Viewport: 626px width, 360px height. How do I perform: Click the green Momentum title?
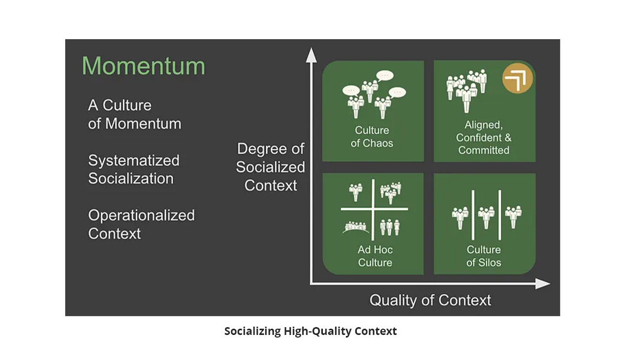(143, 66)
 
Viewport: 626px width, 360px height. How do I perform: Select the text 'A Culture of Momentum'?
(135, 114)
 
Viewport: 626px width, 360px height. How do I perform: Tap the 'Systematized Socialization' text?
(134, 170)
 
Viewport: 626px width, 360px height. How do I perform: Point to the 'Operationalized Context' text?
(141, 224)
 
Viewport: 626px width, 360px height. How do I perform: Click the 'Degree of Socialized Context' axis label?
(270, 167)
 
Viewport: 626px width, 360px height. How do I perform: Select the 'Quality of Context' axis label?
(430, 301)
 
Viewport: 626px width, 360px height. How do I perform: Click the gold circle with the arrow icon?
(517, 78)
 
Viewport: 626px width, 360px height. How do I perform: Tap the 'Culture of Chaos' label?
(372, 137)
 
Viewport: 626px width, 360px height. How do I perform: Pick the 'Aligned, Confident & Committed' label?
(484, 138)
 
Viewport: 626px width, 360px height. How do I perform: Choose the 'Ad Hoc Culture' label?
(375, 256)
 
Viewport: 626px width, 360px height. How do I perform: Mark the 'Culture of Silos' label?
(484, 256)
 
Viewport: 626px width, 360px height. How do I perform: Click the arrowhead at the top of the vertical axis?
(311, 55)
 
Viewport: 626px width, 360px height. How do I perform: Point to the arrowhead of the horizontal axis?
(543, 284)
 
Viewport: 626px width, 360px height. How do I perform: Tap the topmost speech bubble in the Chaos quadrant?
(385, 76)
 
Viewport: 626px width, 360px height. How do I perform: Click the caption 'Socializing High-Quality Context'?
(310, 331)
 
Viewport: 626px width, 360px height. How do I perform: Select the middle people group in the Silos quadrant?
(486, 218)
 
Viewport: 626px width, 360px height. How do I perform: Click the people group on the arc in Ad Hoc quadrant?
(355, 227)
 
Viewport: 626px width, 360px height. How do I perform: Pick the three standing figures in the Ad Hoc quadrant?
(390, 227)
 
